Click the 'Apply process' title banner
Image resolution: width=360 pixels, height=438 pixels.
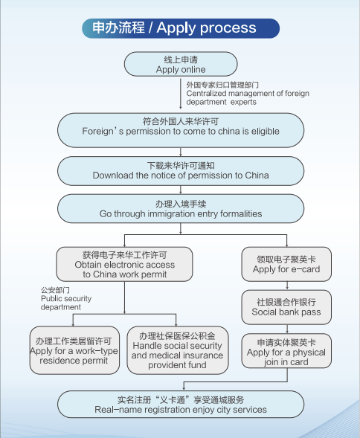pos(180,28)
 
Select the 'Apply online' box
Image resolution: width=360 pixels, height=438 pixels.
pos(181,64)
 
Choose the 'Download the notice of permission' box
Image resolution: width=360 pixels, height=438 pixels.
pos(181,170)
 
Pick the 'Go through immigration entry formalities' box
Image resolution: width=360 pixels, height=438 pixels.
pos(181,208)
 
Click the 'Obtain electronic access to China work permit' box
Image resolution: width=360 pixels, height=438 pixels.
pos(124,264)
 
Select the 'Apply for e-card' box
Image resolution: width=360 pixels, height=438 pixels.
pos(286,264)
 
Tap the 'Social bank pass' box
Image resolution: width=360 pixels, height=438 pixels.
pos(286,306)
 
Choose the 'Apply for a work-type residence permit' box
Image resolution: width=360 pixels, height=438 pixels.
pos(75,350)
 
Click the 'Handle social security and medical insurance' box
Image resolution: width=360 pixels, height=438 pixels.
pos(176,350)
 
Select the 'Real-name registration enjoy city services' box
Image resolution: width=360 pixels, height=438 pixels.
pos(181,405)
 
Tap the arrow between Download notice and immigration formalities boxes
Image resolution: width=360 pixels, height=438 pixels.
pos(181,189)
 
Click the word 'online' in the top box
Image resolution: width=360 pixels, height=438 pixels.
pos(193,70)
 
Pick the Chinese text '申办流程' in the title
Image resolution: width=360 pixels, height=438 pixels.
pos(118,28)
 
